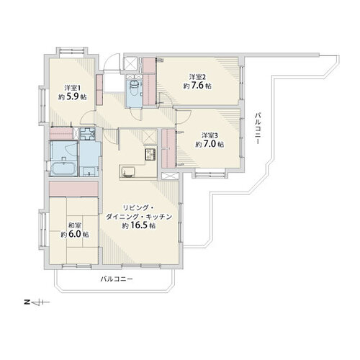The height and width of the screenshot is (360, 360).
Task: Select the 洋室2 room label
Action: click(198, 76)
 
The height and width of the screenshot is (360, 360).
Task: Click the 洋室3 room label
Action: click(209, 135)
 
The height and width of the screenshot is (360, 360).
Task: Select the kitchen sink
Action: click(130, 171)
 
